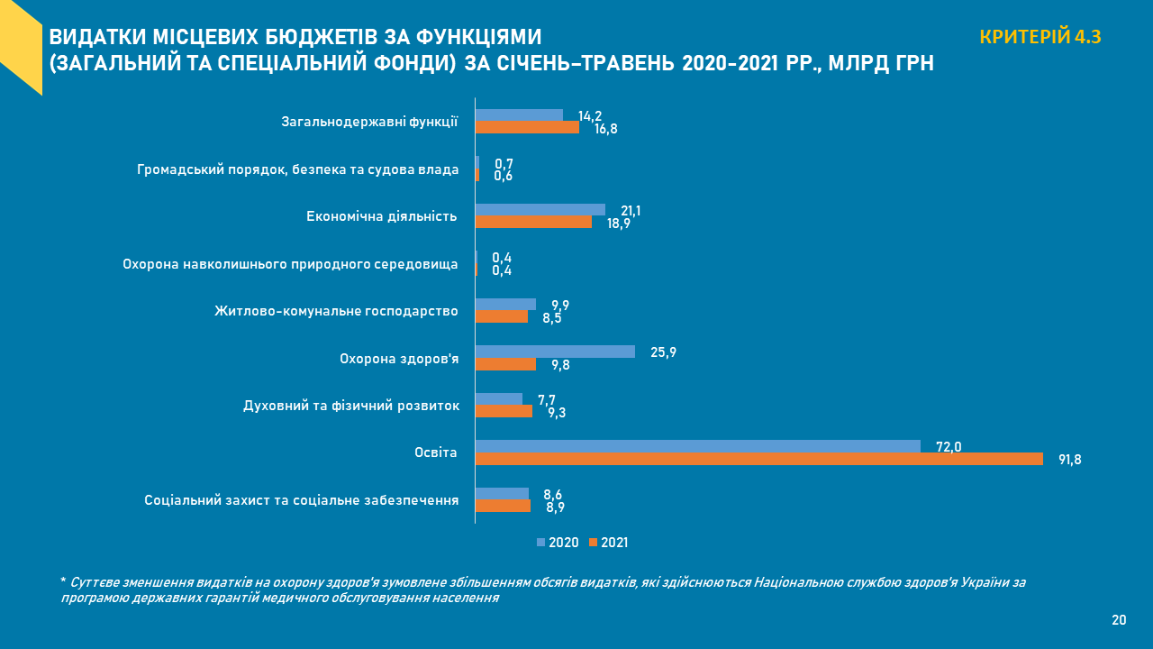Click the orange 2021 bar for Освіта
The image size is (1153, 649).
[x=758, y=459]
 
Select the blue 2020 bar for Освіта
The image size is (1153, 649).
[x=697, y=446]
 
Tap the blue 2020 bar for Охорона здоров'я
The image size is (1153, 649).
[x=555, y=352]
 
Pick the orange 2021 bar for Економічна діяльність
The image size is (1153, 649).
[x=533, y=222]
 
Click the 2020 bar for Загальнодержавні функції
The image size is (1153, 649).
[x=519, y=114]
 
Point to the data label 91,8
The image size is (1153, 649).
[x=1069, y=460]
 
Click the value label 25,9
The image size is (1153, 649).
[x=663, y=352]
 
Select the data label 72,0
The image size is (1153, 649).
[x=949, y=446]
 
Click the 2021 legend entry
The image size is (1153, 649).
[x=609, y=543]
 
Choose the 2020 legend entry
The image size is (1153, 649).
[x=558, y=543]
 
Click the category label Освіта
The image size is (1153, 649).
[x=436, y=452]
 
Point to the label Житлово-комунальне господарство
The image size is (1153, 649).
[x=336, y=311]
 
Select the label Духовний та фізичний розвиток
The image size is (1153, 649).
[x=351, y=406]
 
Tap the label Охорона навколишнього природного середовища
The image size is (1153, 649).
[x=290, y=264]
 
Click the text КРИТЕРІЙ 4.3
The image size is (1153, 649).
[x=1040, y=37]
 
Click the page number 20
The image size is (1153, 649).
[x=1119, y=620]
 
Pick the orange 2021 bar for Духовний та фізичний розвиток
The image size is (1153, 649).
[x=504, y=411]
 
